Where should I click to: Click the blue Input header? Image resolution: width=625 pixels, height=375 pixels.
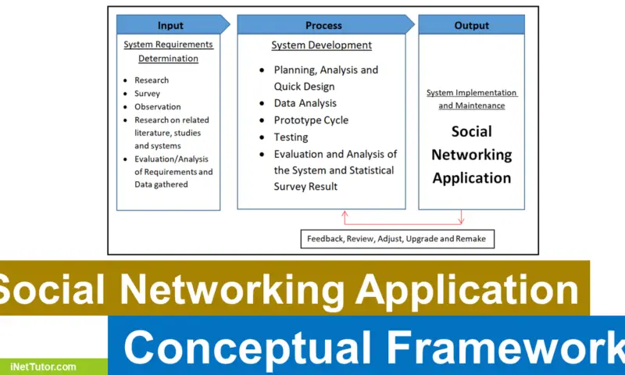click(170, 26)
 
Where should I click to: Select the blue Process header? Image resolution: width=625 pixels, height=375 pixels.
click(323, 26)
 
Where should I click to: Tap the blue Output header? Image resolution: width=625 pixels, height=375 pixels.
click(471, 26)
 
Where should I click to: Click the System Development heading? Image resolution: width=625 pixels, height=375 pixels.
click(321, 45)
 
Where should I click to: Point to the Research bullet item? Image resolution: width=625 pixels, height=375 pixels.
click(152, 80)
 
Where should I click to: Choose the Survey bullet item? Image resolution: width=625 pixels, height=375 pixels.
click(147, 93)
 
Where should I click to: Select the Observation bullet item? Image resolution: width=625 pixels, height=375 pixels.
click(157, 106)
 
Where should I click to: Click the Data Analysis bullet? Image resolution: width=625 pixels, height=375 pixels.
click(305, 103)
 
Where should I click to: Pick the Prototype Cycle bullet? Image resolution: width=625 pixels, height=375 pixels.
click(311, 120)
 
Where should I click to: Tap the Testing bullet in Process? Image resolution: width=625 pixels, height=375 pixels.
click(291, 137)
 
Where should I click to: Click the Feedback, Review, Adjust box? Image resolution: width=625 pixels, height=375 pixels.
click(398, 238)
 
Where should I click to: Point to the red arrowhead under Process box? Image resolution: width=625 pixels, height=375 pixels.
click(342, 213)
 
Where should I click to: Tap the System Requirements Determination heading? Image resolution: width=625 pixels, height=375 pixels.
click(168, 52)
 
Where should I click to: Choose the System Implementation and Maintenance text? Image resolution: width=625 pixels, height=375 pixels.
click(471, 99)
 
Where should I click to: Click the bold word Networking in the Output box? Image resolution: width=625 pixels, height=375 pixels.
click(471, 155)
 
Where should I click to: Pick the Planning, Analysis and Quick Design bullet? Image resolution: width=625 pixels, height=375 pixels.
click(325, 78)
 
